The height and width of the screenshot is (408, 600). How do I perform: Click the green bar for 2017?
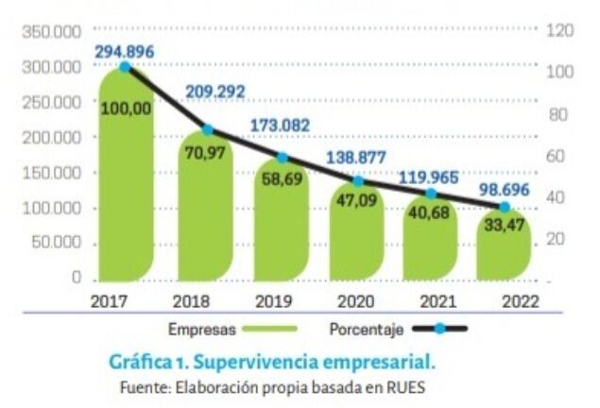pyautogui.click(x=125, y=189)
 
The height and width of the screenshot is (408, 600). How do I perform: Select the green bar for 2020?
pyautogui.click(x=356, y=236)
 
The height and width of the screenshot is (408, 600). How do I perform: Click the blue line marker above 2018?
pyautogui.click(x=208, y=129)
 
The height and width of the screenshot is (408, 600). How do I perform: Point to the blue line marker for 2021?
pyautogui.click(x=431, y=194)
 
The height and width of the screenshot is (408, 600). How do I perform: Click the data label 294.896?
pyautogui.click(x=124, y=50)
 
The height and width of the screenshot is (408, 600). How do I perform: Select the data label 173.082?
pyautogui.click(x=281, y=125)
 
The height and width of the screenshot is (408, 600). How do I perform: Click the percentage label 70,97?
pyautogui.click(x=205, y=153)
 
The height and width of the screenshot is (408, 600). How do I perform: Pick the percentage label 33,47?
pyautogui.click(x=503, y=227)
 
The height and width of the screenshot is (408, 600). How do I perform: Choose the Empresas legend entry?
pyautogui.click(x=201, y=330)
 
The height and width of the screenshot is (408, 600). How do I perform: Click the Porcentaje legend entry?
pyautogui.click(x=367, y=330)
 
